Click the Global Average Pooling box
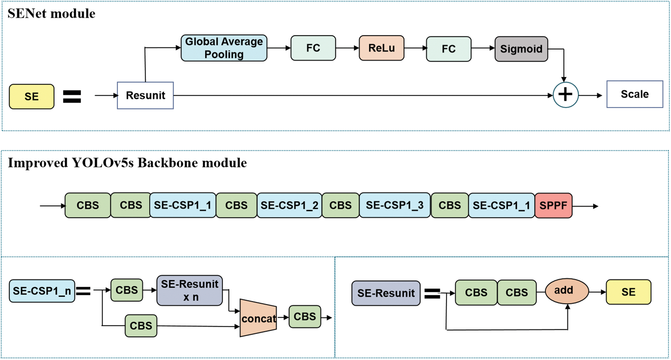(x=224, y=48)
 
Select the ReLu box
(x=381, y=48)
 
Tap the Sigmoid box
(x=521, y=49)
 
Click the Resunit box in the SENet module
(x=145, y=95)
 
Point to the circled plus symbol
(x=565, y=94)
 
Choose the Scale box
(x=635, y=94)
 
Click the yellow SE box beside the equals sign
(x=32, y=96)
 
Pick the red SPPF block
(x=553, y=206)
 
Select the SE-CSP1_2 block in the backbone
(x=289, y=206)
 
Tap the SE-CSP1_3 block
(x=394, y=205)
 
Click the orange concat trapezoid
(x=258, y=318)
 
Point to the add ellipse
(x=566, y=291)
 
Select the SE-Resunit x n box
(x=189, y=290)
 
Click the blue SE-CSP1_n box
(x=42, y=291)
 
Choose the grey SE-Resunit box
(x=386, y=293)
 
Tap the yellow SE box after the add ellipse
(x=628, y=292)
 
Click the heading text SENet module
(x=51, y=13)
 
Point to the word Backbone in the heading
(x=168, y=163)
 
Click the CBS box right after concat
(x=304, y=317)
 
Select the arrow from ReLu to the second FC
(x=415, y=48)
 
